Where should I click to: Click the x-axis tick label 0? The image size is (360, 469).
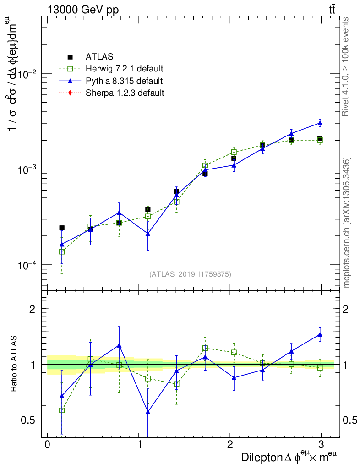click(48, 445)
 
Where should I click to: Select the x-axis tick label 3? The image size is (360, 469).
click(322, 445)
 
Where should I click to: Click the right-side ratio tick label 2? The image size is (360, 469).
click(348, 309)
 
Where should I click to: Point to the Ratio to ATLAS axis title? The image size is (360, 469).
click(14, 364)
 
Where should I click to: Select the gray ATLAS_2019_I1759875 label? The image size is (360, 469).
click(190, 274)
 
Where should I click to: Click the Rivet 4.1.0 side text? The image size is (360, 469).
click(346, 66)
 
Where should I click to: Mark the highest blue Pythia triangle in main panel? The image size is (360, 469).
click(320, 123)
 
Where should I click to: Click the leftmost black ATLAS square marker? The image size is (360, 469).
click(62, 228)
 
